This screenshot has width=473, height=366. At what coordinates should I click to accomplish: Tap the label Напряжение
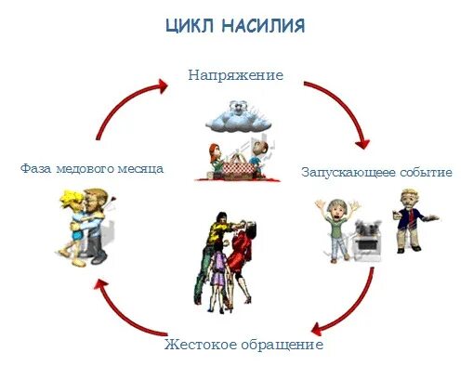235,73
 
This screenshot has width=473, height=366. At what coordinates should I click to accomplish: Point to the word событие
427,173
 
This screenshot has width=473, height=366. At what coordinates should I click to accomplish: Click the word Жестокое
200,346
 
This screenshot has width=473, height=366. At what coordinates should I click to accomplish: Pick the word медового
90,169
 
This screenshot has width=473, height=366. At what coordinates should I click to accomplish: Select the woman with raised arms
335,223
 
